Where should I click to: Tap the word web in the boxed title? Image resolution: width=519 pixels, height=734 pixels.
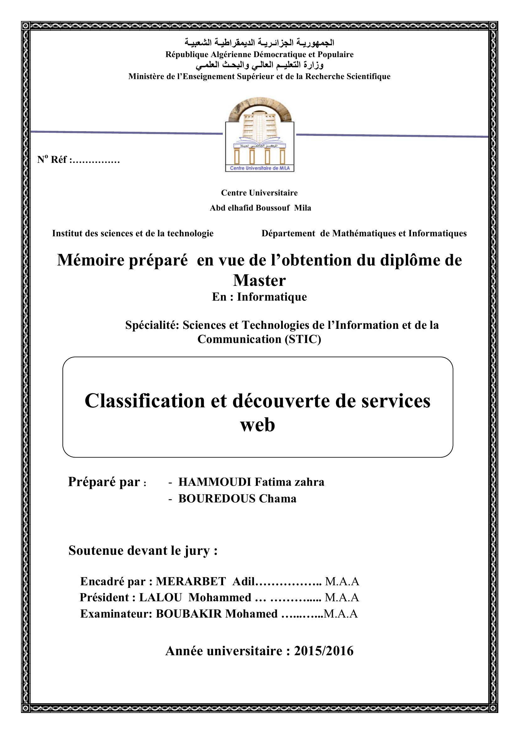(257, 425)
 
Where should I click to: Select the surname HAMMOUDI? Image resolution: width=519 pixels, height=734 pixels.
(215, 482)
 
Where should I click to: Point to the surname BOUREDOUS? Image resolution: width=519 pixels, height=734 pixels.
(217, 499)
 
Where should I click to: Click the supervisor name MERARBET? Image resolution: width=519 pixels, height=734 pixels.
(191, 581)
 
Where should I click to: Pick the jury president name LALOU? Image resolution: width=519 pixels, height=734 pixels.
(160, 597)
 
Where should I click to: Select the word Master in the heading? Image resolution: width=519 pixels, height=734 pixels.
(259, 281)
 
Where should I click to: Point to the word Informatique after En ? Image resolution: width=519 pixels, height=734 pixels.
(272, 297)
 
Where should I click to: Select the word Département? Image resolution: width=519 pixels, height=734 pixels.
(288, 234)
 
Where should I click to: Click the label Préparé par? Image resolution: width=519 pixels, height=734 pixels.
(104, 482)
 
